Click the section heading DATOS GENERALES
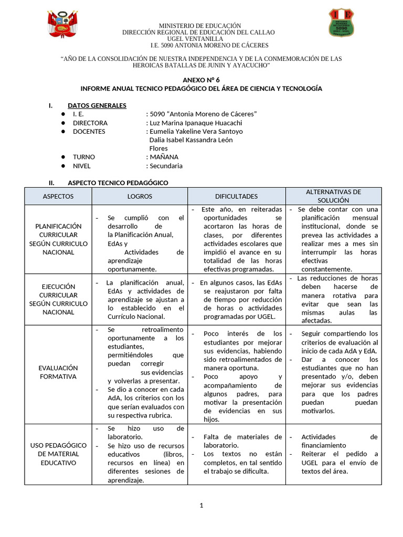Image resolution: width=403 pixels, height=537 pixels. tap(97, 105)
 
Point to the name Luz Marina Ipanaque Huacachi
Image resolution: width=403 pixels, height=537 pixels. tap(194, 123)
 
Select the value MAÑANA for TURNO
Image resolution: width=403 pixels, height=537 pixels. tap(164, 157)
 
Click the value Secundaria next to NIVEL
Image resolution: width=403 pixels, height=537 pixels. tap(166, 166)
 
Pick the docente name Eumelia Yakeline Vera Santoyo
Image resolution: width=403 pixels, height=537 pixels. tap(196, 131)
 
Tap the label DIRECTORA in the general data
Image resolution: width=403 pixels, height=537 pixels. tap(90, 123)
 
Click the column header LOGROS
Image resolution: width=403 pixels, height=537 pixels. tap(140, 196)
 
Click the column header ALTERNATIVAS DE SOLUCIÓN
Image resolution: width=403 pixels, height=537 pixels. tap(333, 196)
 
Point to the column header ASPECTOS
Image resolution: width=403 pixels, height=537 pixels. tap(58, 196)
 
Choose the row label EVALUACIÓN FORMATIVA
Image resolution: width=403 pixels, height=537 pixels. tap(58, 372)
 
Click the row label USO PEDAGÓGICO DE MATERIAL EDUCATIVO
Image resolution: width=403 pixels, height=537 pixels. tap(58, 454)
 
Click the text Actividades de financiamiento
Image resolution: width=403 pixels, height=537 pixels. tap(339, 441)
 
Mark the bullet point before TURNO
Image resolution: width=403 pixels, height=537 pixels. tap(63, 157)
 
